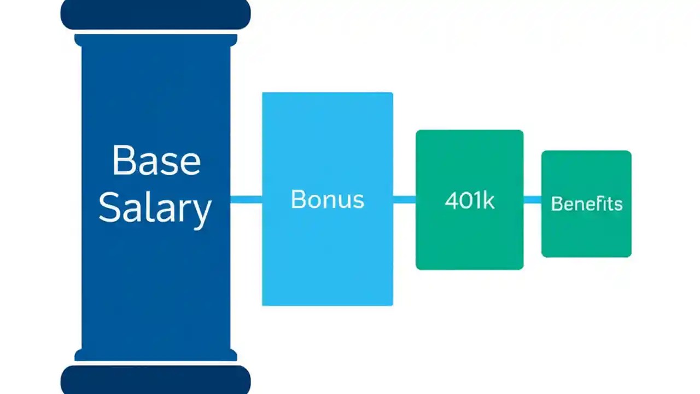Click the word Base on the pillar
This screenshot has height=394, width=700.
pyautogui.click(x=156, y=160)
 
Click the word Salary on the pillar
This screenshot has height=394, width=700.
pyautogui.click(x=155, y=208)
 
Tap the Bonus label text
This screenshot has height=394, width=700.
pyautogui.click(x=327, y=200)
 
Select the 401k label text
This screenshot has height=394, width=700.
pyautogui.click(x=469, y=201)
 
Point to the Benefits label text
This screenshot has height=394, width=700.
pyautogui.click(x=586, y=204)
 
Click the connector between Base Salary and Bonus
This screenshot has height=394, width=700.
pyautogui.click(x=246, y=200)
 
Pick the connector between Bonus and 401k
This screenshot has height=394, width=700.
pyautogui.click(x=404, y=200)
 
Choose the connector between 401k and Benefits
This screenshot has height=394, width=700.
pyautogui.click(x=532, y=200)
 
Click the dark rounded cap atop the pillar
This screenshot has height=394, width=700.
pyautogui.click(x=155, y=14)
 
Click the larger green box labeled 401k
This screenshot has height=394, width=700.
pyautogui.click(x=469, y=241)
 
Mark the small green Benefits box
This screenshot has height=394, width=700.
pyautogui.click(x=586, y=235)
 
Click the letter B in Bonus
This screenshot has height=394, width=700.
pyautogui.click(x=298, y=200)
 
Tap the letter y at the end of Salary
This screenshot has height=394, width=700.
pyautogui.click(x=201, y=212)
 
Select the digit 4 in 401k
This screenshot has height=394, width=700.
pyautogui.click(x=451, y=201)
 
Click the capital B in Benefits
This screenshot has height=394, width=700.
pyautogui.click(x=556, y=204)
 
